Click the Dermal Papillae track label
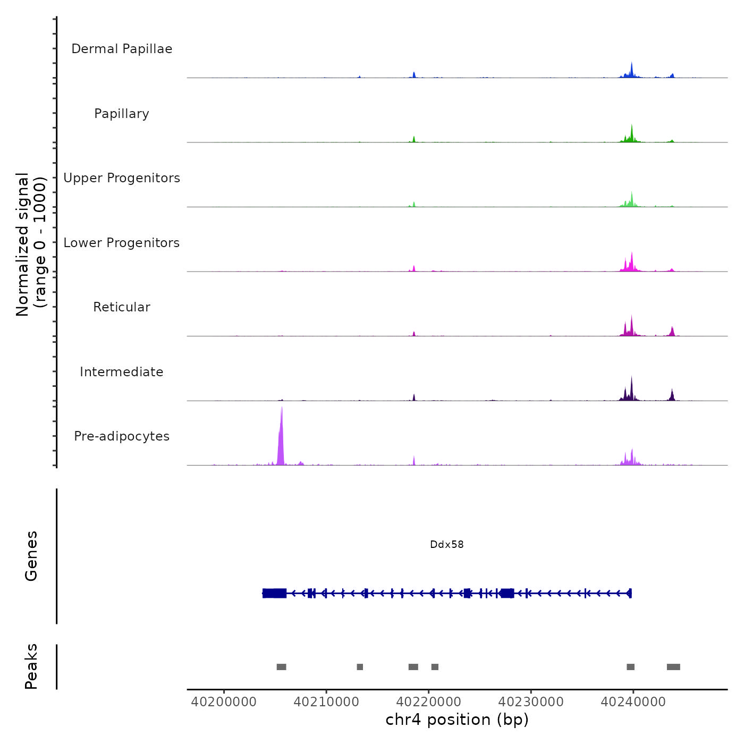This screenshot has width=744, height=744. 122,49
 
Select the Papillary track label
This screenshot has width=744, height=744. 122,114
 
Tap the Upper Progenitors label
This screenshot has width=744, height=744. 122,178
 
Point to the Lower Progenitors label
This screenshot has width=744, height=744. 122,243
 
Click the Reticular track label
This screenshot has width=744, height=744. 122,307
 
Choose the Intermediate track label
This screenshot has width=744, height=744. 122,372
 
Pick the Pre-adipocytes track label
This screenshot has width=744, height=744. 122,436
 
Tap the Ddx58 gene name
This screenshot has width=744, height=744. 447,545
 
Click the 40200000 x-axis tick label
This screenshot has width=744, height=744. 224,702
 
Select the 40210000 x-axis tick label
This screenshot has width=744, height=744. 326,702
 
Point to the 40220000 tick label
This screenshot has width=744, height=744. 429,702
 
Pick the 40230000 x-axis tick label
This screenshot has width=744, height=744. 531,702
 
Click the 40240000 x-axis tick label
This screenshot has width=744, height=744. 633,702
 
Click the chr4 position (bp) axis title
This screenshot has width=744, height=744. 457,720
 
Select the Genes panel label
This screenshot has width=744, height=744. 31,556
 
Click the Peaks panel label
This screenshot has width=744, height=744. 31,666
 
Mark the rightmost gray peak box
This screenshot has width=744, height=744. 673,667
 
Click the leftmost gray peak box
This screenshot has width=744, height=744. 281,667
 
